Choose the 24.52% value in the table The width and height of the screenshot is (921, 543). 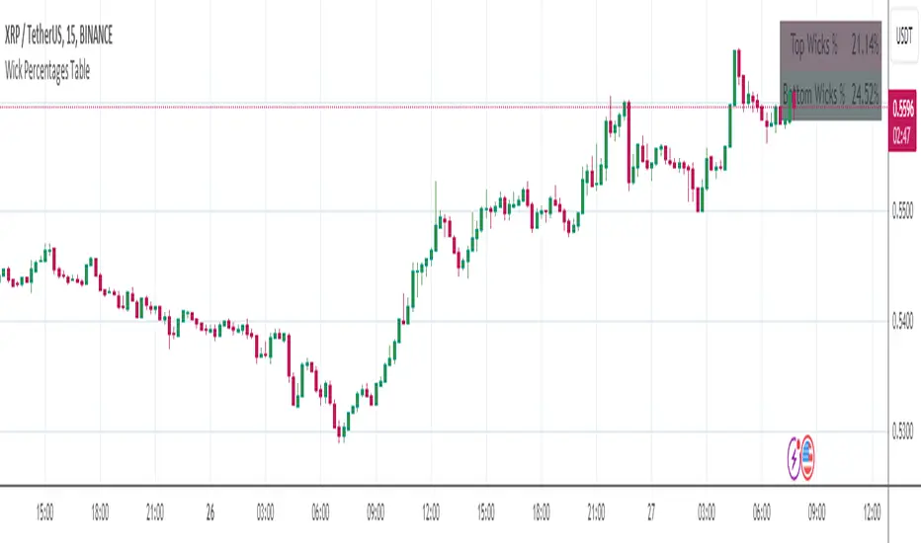coord(864,96)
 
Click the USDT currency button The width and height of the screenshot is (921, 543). coord(903,37)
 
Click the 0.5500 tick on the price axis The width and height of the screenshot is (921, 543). coord(903,210)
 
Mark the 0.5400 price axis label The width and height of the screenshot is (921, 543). coord(903,321)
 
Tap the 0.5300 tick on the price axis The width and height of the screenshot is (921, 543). coord(903,431)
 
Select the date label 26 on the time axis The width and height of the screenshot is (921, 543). coord(209,513)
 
